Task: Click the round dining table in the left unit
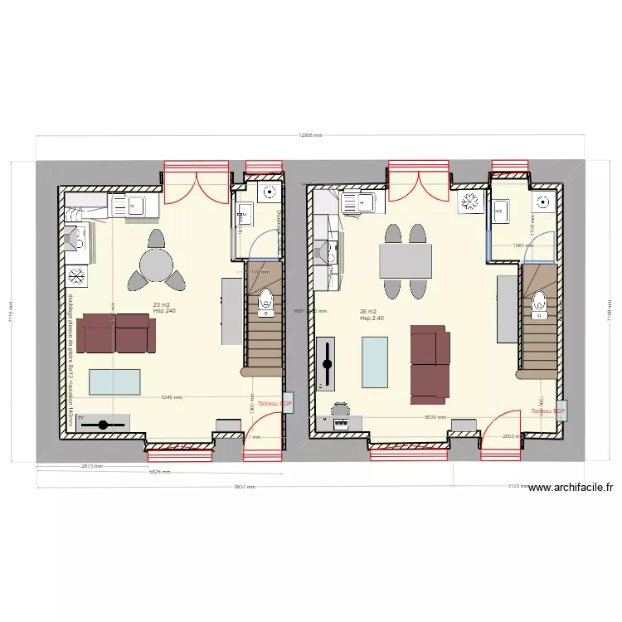tap(156, 266)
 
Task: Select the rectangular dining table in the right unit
tap(406, 262)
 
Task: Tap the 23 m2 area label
tap(163, 305)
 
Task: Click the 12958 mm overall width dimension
tap(310, 135)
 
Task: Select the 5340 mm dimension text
tap(173, 397)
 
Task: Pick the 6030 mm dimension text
tap(435, 418)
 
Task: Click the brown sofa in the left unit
tap(119, 333)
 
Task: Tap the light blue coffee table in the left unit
tap(114, 381)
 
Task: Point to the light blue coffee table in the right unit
tap(375, 362)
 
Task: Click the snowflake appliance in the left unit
tap(76, 275)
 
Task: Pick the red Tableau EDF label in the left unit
tap(275, 404)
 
